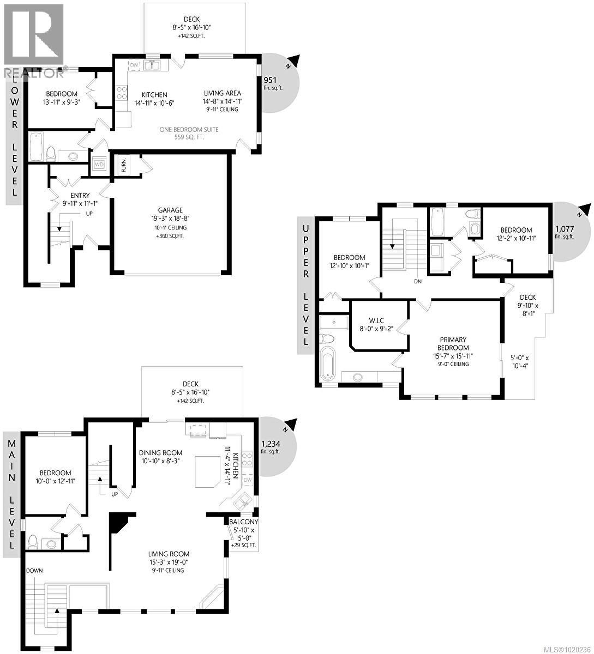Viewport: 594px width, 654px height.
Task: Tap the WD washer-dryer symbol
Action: click(x=99, y=164)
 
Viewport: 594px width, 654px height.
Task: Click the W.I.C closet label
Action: click(x=374, y=321)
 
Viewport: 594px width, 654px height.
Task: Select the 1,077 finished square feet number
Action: click(x=565, y=229)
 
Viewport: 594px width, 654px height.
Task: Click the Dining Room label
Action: click(x=160, y=453)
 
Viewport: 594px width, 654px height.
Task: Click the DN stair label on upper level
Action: click(x=418, y=282)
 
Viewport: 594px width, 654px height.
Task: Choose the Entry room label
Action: click(x=80, y=195)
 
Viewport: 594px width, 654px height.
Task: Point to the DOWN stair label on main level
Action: click(x=34, y=571)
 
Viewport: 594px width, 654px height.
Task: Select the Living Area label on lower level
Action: click(x=223, y=93)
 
